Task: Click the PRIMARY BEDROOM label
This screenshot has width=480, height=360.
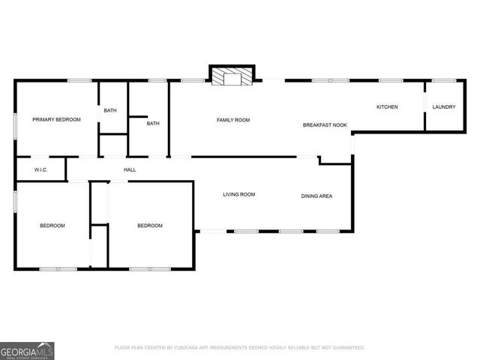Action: click(x=56, y=120)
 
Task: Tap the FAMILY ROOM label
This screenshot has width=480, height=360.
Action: click(x=233, y=120)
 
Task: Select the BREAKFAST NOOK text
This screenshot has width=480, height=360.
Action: click(x=325, y=124)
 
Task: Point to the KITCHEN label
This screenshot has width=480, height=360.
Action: click(x=387, y=107)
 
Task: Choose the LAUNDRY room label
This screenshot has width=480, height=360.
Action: click(x=443, y=107)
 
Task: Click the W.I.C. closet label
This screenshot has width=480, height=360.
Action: click(x=41, y=170)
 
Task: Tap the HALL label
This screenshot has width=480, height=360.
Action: click(x=130, y=170)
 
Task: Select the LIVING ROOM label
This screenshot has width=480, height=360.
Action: click(x=239, y=195)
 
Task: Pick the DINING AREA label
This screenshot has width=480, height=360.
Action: click(x=316, y=196)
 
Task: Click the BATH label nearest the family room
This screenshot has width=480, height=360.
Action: click(x=153, y=124)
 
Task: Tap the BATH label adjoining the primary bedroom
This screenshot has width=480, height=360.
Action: click(x=110, y=111)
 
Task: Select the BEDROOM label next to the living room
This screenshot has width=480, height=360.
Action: click(x=149, y=226)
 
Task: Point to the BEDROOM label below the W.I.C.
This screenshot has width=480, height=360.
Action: click(x=52, y=226)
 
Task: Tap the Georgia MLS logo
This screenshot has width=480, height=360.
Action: click(x=27, y=350)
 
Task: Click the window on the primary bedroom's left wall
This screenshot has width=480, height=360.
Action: click(x=16, y=124)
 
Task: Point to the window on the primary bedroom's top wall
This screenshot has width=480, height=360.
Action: click(x=79, y=80)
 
